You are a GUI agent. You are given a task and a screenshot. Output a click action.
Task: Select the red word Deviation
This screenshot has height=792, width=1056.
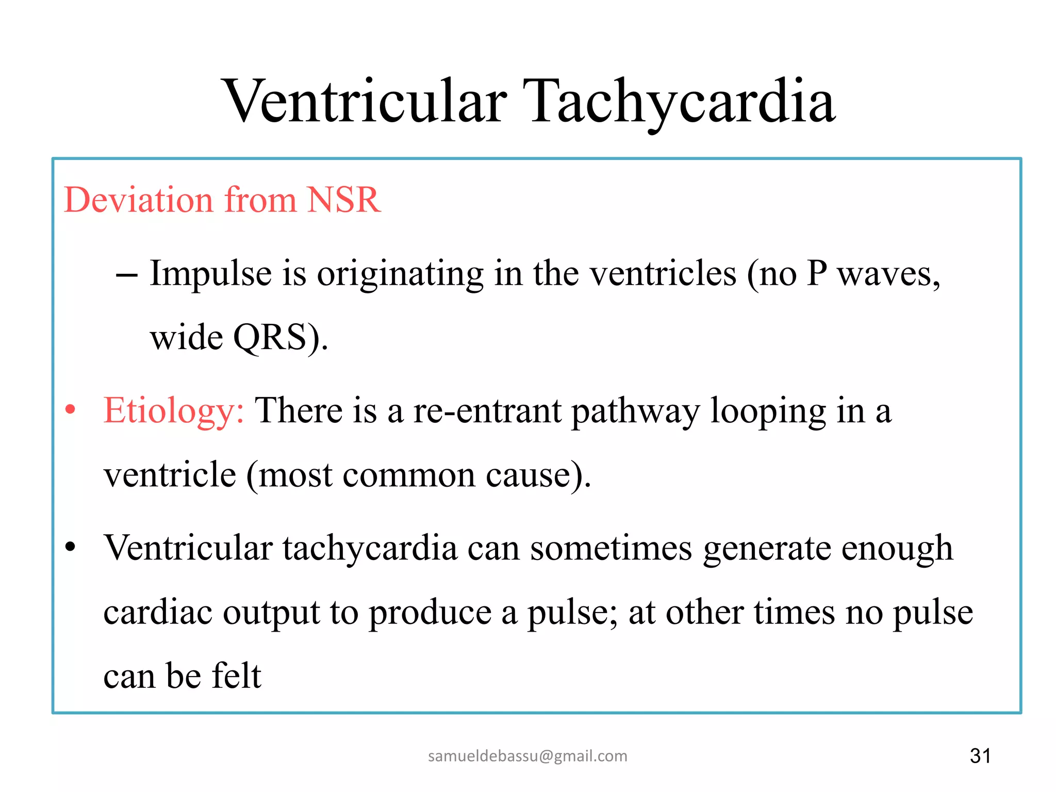click(x=138, y=200)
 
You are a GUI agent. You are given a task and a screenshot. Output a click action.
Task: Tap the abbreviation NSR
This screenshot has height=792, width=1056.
click(x=343, y=200)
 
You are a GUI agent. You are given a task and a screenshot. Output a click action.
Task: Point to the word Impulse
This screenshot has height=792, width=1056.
click(x=210, y=273)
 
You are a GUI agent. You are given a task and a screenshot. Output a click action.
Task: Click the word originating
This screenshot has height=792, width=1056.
click(x=400, y=273)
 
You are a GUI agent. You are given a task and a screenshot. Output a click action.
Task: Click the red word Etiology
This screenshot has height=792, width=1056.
click(x=173, y=411)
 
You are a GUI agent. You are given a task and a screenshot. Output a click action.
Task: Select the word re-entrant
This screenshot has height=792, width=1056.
click(x=487, y=411)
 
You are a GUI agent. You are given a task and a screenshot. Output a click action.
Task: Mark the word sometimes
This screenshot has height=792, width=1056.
click(x=611, y=548)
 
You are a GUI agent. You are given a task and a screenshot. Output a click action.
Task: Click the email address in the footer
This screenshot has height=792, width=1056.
click(x=527, y=756)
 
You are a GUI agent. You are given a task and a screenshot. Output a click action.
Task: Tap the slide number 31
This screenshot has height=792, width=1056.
click(x=980, y=756)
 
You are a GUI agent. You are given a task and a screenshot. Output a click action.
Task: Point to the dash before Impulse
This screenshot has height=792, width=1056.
click(x=126, y=275)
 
